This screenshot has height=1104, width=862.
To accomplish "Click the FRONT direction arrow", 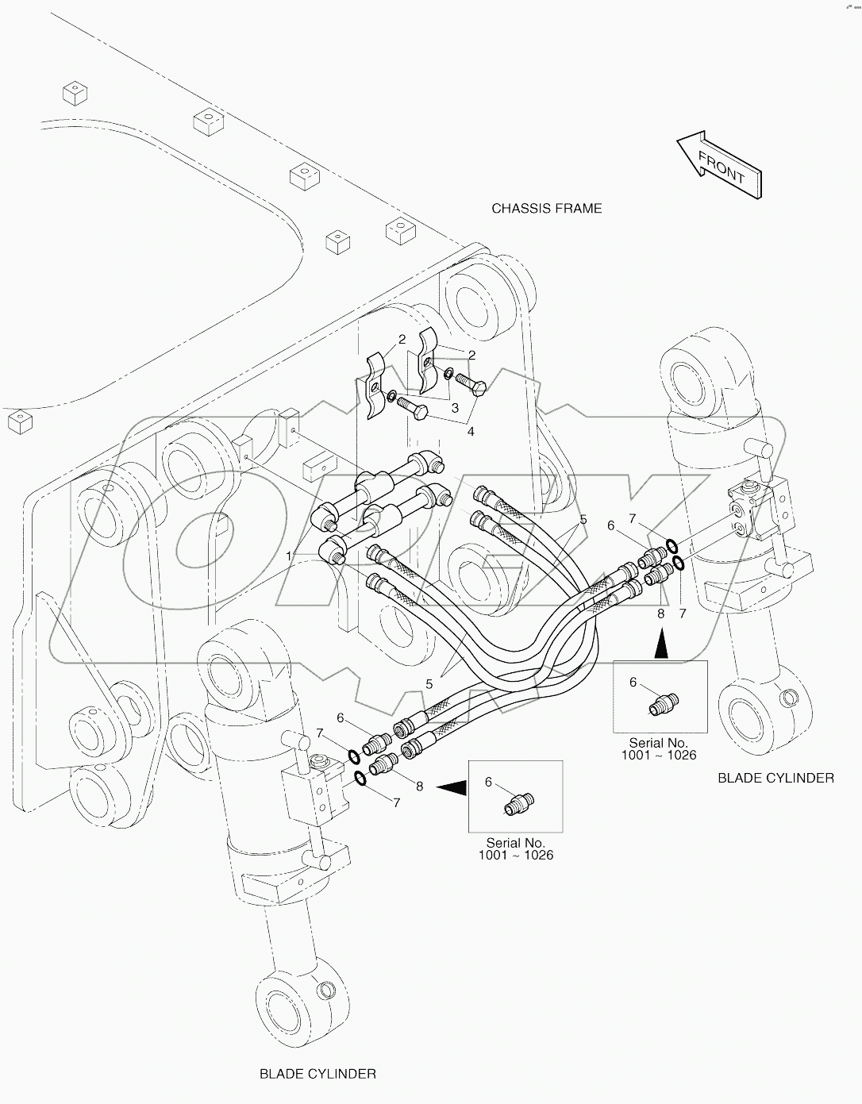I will [719, 165].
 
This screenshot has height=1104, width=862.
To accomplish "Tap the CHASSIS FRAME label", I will [546, 209].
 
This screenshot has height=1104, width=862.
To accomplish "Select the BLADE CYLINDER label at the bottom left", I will [317, 1074].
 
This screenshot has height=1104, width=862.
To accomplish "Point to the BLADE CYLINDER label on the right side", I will [775, 778].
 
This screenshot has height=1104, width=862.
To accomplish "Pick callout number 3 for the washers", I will [455, 408].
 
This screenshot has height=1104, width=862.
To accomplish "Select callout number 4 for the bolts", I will [471, 432].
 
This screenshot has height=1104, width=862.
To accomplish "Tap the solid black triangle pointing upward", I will [660, 645].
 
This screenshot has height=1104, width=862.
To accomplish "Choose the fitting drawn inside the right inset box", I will [664, 703].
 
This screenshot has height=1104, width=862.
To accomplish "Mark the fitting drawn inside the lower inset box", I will [519, 804].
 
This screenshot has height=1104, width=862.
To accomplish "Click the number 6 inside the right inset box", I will [633, 682].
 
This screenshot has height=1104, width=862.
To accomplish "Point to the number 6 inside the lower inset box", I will [489, 782].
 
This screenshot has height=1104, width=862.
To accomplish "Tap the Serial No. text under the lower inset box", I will [515, 848].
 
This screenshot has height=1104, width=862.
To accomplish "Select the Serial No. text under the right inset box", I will [659, 748].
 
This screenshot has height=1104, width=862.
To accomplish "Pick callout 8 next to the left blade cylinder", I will [419, 786].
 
